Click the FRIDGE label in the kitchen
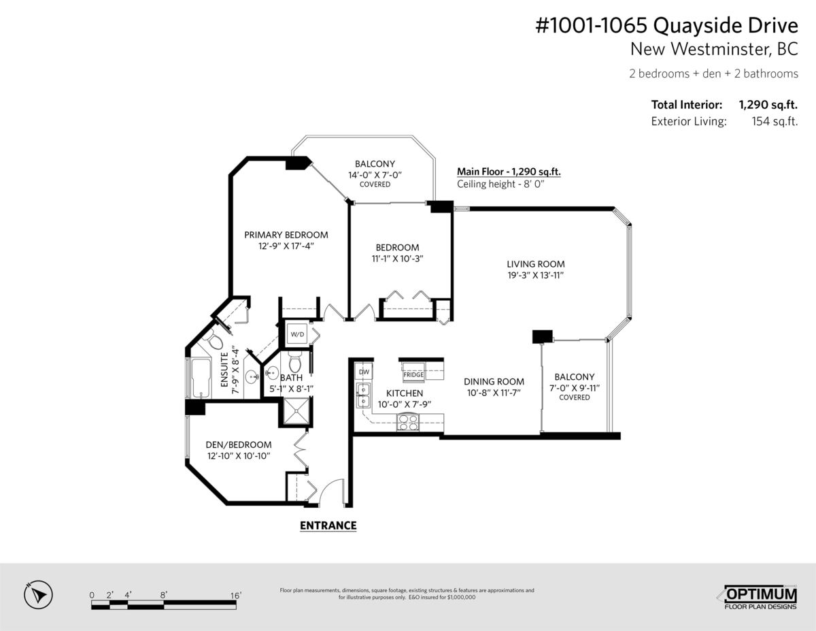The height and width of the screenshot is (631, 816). click(413, 374)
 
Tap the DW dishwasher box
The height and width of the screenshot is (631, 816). click(364, 372)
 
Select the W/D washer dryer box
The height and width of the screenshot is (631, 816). click(297, 334)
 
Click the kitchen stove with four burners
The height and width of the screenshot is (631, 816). click(408, 423)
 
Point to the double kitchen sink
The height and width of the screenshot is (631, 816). click(363, 395)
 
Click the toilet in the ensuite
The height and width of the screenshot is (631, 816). click(214, 340)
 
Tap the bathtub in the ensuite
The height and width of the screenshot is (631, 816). click(201, 378)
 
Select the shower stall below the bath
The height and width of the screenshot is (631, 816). click(296, 412)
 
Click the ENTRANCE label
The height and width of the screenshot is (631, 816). click(328, 525)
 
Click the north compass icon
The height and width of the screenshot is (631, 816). click(38, 595)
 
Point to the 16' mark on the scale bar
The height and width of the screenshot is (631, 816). click(235, 596)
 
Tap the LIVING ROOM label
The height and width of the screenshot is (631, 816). click(536, 264)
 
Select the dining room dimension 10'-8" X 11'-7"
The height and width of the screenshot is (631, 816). click(494, 393)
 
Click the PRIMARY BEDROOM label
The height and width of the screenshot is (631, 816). click(286, 235)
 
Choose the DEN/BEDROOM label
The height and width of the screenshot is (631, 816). click(239, 444)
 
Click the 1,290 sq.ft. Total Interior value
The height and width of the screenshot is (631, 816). click(768, 104)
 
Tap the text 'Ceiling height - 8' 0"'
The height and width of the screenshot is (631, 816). click(500, 184)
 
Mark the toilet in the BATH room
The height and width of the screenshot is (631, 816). click(294, 361)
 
